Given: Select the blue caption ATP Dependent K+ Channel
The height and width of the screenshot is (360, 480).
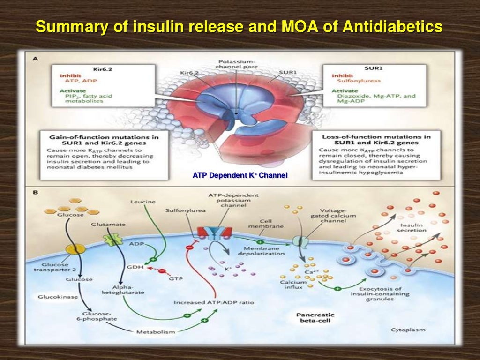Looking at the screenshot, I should [240, 176].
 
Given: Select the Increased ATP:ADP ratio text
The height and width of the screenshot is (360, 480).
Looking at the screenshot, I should [214, 302].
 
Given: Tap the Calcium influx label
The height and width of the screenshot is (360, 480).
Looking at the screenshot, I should [293, 285].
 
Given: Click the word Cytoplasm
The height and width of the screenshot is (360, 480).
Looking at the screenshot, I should [408, 330].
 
